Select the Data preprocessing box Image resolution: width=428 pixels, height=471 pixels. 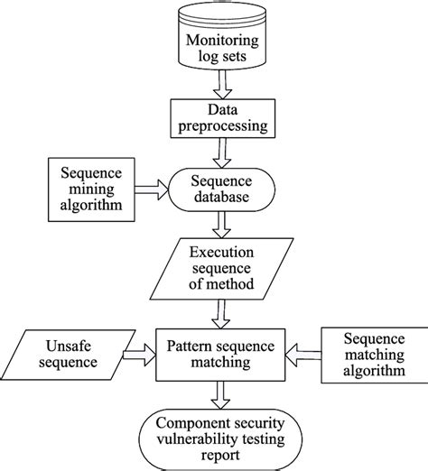[223, 118]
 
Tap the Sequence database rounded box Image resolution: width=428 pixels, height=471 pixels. [222, 189]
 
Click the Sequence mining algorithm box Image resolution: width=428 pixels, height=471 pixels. [91, 189]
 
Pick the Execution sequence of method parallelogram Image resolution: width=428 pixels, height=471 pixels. [221, 269]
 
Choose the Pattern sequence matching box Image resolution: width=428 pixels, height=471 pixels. [220, 355]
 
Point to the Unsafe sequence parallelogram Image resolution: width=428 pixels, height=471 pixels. [68, 355]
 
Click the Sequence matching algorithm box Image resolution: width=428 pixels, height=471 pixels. [375, 355]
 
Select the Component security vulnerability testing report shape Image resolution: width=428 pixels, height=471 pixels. [220, 439]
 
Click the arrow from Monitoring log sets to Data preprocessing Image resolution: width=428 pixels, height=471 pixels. [223, 85]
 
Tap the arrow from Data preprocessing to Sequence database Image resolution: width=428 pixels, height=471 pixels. [222, 152]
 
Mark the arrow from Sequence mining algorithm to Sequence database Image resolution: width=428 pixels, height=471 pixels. [152, 189]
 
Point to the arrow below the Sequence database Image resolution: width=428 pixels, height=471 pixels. [222, 225]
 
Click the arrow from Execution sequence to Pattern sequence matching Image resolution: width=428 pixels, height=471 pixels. [221, 314]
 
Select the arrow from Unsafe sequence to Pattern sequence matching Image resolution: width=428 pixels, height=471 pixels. [139, 355]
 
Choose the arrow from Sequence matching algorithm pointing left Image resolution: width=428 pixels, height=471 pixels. [303, 355]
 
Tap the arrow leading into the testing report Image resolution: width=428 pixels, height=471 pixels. [220, 395]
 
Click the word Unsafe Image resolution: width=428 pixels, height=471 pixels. [69, 346]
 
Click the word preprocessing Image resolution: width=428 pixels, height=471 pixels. [223, 126]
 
